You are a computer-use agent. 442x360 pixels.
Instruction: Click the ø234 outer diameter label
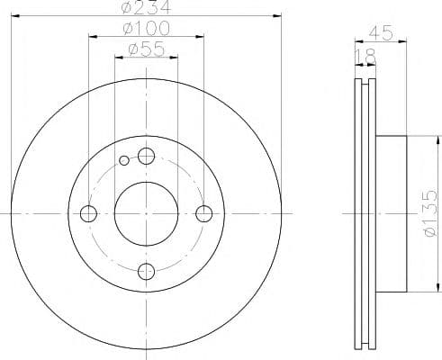tap(147, 7)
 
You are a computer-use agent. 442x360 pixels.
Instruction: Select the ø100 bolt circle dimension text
tap(147, 28)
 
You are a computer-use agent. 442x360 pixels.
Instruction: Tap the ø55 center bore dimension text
tap(147, 49)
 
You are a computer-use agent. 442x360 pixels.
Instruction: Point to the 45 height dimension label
tap(381, 32)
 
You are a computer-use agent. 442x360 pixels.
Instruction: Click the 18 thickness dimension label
tap(365, 56)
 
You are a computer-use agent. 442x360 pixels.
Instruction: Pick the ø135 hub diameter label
tap(430, 213)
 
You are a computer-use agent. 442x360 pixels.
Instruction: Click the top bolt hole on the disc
tap(146, 156)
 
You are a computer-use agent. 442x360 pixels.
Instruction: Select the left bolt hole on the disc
tap(88, 213)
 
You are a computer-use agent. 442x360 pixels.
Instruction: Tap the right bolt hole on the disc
tap(204, 213)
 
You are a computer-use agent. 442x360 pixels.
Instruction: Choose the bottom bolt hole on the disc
tap(146, 272)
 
